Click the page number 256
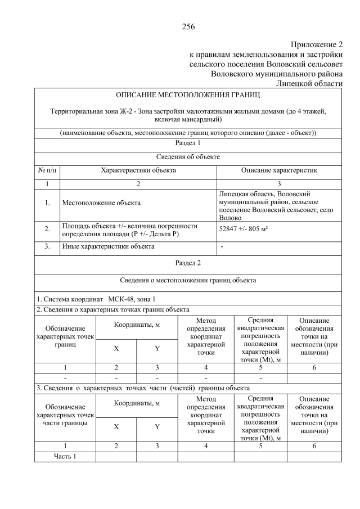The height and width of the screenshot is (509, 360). (188, 26)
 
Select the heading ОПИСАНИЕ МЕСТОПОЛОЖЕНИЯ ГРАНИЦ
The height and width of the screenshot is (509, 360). (188, 96)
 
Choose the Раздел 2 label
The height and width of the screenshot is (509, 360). (188, 262)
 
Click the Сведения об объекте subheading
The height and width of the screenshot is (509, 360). (188, 156)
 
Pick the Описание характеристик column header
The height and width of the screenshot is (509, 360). (279, 170)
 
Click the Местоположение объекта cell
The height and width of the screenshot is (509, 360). (102, 202)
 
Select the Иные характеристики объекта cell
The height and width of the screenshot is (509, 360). (108, 246)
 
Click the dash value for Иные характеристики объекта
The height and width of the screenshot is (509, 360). (222, 246)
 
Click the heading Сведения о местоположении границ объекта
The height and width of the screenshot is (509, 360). (188, 280)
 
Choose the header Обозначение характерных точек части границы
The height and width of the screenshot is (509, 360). (65, 415)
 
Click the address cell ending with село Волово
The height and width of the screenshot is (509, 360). (279, 205)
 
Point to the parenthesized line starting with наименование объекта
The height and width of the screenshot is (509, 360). (188, 133)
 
